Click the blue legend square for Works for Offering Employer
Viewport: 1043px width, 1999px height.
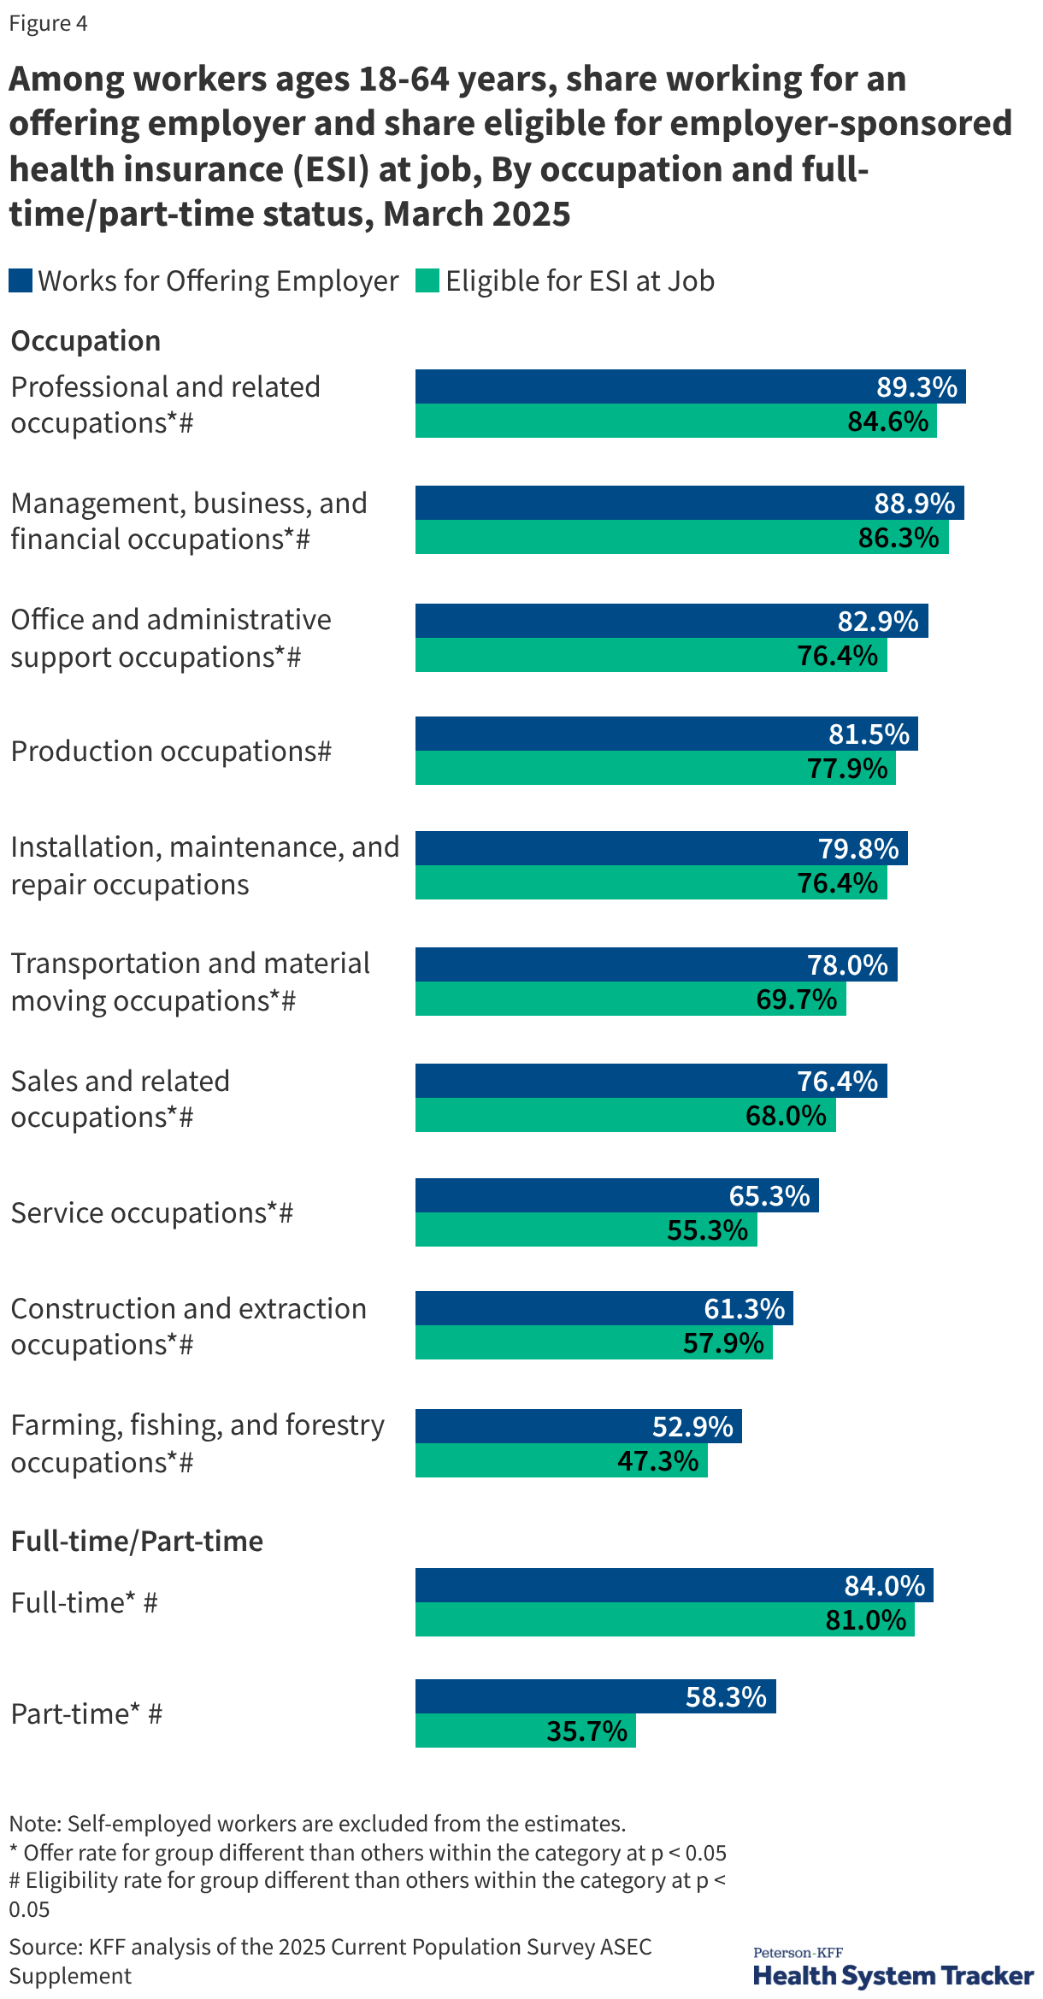click(x=21, y=280)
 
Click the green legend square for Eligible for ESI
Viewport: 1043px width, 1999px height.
click(x=427, y=280)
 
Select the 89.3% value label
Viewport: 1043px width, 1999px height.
click(x=916, y=387)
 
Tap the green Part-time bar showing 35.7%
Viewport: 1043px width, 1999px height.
click(x=525, y=1731)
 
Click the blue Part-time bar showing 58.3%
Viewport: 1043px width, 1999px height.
click(x=595, y=1696)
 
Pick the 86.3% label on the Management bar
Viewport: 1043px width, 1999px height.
click(x=899, y=538)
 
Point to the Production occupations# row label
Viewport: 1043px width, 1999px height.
click(x=171, y=752)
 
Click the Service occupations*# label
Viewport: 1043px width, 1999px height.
click(x=152, y=1213)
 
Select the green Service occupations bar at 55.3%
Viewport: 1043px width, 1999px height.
click(x=586, y=1229)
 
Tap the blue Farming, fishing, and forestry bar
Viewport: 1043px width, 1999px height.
click(x=578, y=1426)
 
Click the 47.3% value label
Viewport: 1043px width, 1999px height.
click(x=658, y=1461)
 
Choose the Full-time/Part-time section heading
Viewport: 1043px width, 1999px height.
click(x=137, y=1542)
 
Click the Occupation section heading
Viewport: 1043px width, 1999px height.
click(x=85, y=341)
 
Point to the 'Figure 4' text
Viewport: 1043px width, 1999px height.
click(x=48, y=23)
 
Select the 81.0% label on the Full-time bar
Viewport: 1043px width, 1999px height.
click(x=865, y=1620)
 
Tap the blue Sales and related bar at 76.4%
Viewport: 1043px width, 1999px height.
click(x=651, y=1081)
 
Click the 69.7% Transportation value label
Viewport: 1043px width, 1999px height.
click(x=796, y=999)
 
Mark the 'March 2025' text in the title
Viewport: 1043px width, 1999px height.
click(x=476, y=215)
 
